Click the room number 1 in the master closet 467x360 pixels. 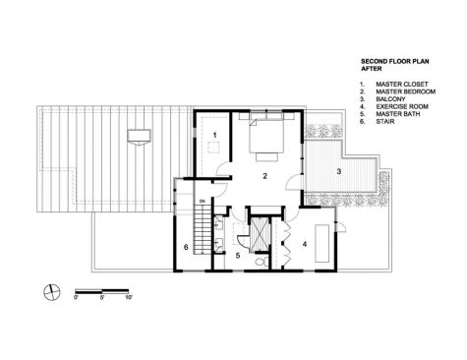coord(215,135)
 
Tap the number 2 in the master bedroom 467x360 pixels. coord(264,176)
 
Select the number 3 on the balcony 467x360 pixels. coord(339,171)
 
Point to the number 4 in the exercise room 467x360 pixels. coord(305,244)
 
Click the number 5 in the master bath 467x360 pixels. coord(238,256)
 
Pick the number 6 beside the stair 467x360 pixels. coord(186,247)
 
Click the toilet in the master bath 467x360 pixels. coord(262,262)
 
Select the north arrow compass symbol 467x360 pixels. coord(52,291)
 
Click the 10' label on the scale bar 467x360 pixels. coord(129,298)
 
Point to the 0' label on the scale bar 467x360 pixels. coord(76,298)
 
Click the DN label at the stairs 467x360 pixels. coord(202,201)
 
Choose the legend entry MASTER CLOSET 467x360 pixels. coord(402,85)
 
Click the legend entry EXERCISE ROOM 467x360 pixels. coord(402,106)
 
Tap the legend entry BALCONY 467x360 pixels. coord(390,99)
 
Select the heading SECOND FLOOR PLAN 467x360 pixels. coord(395,61)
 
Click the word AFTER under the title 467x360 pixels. coord(372,69)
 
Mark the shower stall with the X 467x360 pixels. coord(260,234)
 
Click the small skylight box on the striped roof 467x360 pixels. coord(139,137)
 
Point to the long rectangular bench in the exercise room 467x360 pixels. coord(322,243)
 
